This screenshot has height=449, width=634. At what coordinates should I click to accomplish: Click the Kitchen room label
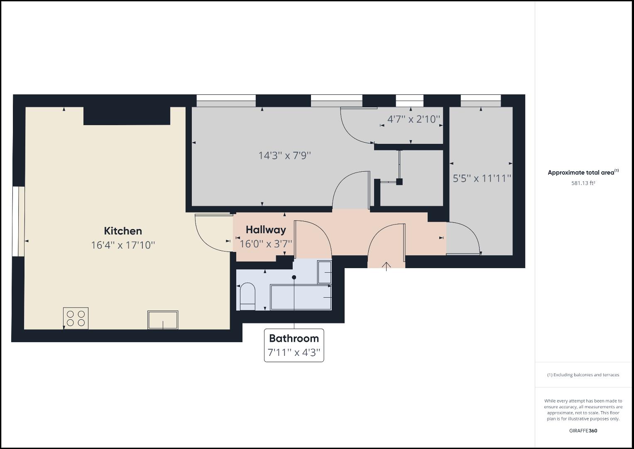123,231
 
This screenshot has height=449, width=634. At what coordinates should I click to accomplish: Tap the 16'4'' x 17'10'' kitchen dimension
123,245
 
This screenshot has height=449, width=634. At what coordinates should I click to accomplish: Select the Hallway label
266,230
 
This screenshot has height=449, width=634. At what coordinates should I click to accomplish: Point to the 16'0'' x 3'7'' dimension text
266,244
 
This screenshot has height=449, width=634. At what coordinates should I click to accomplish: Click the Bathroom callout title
294,338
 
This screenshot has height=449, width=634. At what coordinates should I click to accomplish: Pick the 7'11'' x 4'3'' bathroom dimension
294,353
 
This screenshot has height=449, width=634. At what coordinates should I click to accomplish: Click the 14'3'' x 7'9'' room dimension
285,155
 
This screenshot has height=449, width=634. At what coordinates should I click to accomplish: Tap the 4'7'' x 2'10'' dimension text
414,119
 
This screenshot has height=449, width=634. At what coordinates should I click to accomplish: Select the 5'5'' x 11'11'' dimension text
482,178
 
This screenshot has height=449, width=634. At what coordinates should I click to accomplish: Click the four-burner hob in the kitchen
76,318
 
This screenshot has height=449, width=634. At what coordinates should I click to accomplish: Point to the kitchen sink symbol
163,320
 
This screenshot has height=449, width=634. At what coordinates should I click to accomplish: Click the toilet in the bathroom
247,296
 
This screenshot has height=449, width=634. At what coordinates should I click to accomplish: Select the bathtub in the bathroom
301,297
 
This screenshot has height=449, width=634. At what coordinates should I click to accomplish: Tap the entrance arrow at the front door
387,266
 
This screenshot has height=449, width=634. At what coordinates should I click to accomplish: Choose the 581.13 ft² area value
583,183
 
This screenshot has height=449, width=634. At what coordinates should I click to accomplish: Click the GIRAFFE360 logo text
583,431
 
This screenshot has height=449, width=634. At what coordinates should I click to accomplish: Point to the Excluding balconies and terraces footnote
583,375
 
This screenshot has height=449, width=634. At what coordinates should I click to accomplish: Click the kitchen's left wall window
16,222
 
